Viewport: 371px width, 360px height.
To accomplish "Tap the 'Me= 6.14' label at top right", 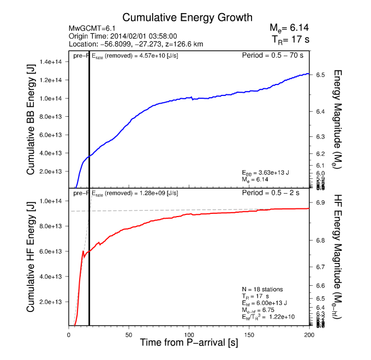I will point(289,28).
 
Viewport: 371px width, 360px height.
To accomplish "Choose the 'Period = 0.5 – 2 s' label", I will point(276,193).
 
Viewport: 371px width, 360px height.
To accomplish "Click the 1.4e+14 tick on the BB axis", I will point(52,62).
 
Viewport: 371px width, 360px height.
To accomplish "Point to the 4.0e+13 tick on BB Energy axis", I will point(52,153).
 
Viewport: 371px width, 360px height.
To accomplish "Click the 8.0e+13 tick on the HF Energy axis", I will point(52,226).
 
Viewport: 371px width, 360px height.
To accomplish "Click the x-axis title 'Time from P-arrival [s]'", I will point(188,343).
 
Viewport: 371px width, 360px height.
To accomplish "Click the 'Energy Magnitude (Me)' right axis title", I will point(337,118).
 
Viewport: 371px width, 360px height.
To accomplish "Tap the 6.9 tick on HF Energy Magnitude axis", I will point(321,203).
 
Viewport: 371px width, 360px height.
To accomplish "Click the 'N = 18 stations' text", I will point(262,289).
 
